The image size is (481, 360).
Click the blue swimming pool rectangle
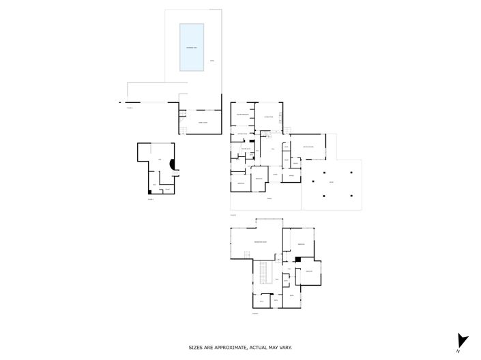(x=191, y=47)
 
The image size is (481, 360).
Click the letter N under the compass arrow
(x=459, y=351)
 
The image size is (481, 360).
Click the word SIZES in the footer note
(x=196, y=348)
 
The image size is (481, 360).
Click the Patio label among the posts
(x=332, y=183)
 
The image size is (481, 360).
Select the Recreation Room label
(x=260, y=242)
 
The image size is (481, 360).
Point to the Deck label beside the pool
(x=212, y=62)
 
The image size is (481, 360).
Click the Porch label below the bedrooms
(x=269, y=198)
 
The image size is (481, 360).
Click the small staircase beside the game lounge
(x=183, y=130)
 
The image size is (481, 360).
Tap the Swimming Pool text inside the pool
(x=191, y=47)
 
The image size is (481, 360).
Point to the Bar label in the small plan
(x=160, y=160)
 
